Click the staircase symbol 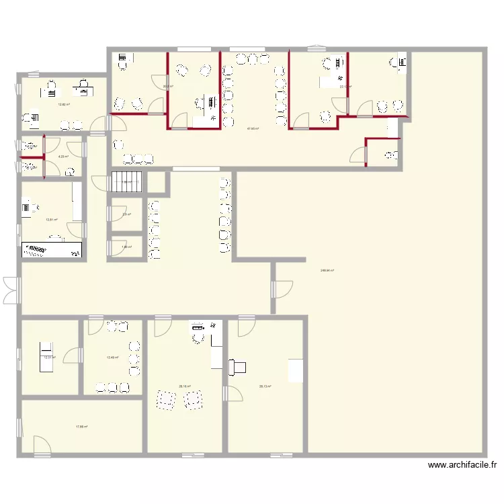[127, 181]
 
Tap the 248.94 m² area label [327, 271]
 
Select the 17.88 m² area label [82, 427]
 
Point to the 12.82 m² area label [64, 104]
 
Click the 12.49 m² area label [112, 358]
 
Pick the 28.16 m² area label [185, 386]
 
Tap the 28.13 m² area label [265, 386]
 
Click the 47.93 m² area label [253, 128]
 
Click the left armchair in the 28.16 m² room [165, 399]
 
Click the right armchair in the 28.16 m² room [194, 399]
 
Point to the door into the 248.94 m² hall [283, 288]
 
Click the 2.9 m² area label [126, 215]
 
